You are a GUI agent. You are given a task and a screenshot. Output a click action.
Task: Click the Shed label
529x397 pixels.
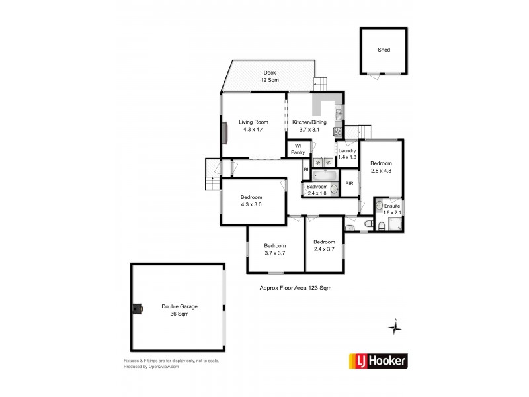click(x=384, y=50)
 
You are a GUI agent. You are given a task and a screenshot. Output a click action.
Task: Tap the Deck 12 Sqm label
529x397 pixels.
click(x=269, y=77)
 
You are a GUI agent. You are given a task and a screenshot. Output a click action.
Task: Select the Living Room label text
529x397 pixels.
click(x=253, y=126)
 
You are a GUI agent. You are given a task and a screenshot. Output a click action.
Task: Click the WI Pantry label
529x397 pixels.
click(x=298, y=150)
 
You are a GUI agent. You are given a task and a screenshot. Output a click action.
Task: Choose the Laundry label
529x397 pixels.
click(x=347, y=154)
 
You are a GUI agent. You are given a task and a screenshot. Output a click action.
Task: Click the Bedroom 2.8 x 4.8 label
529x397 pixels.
click(x=382, y=167)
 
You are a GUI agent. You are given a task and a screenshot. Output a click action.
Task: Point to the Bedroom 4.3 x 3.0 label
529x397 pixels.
click(x=252, y=200)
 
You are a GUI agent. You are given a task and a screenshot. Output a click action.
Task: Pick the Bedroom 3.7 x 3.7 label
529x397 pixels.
click(x=274, y=249)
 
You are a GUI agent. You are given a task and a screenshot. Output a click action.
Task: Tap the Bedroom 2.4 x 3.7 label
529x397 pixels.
click(x=324, y=245)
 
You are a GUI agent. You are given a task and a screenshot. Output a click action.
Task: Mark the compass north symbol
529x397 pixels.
click(x=395, y=328)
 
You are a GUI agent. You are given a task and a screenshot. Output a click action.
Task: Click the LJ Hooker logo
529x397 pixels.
click(x=378, y=361)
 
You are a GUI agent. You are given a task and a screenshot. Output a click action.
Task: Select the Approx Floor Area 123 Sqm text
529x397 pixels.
click(x=294, y=288)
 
